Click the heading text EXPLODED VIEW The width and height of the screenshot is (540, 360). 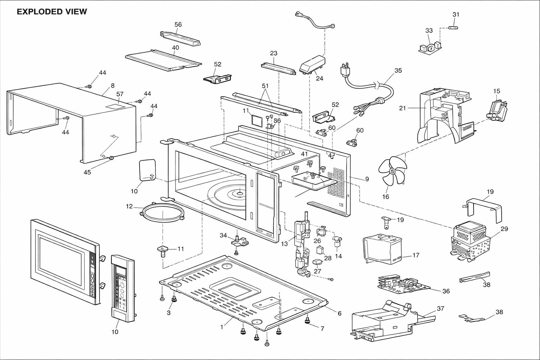point(52,12)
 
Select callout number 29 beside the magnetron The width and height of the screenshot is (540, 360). point(504,229)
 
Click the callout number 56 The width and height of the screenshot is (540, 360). point(178,25)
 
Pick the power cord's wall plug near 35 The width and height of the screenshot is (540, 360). point(344,70)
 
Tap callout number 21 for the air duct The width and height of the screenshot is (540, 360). point(403,108)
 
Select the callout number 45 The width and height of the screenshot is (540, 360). point(87,172)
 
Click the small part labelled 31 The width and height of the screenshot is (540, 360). point(453,28)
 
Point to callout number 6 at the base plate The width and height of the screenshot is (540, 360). point(339,314)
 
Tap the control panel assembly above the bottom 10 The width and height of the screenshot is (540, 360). point(123,288)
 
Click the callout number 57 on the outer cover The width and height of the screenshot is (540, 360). point(120,94)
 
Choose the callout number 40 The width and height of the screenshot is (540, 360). point(175,48)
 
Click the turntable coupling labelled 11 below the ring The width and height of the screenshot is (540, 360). point(163,251)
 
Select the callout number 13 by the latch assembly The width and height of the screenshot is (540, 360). point(284,244)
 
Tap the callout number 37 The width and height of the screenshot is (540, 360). point(441,308)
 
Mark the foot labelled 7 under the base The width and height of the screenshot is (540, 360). point(307,321)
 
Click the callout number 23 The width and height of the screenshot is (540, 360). point(274,53)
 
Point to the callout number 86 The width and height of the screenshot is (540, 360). point(277,121)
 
